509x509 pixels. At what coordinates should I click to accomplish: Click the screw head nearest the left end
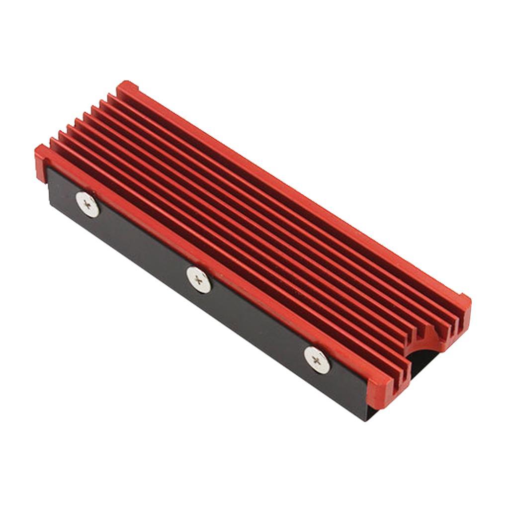[x=87, y=204]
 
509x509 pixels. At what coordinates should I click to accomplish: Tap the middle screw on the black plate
[x=199, y=279]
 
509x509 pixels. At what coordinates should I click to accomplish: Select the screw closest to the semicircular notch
[x=316, y=358]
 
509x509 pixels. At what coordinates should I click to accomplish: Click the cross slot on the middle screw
[x=199, y=279]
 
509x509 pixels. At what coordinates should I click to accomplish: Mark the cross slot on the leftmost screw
[x=87, y=204]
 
